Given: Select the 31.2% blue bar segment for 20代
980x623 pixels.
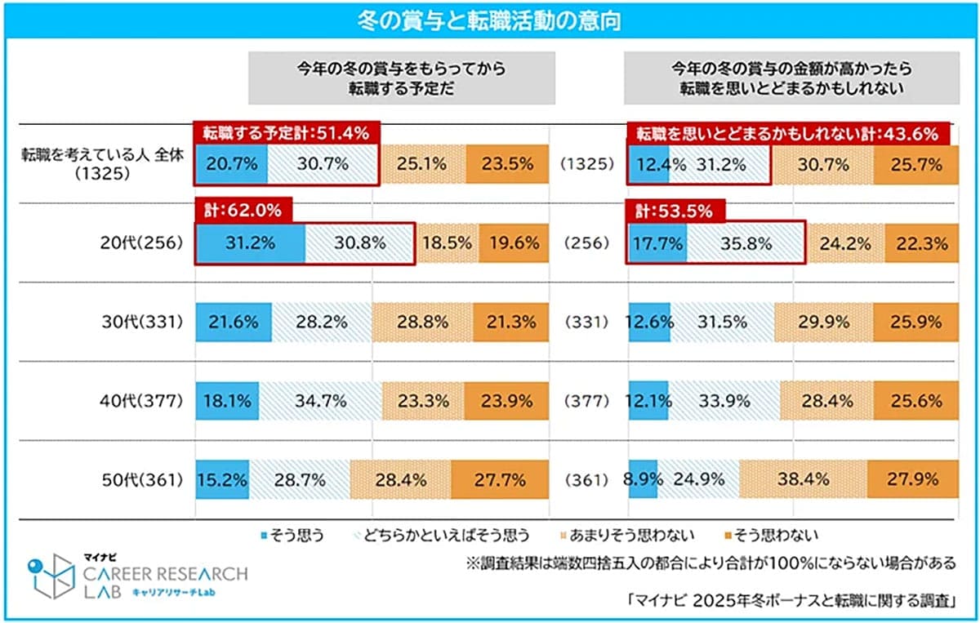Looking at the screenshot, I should [x=250, y=243].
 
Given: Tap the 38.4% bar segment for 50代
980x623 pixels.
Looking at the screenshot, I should [x=803, y=479].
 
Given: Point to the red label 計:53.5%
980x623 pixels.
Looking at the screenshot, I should [x=669, y=210].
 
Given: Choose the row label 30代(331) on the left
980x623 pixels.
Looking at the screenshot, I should [x=142, y=322].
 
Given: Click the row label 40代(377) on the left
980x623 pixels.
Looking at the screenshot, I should [x=142, y=401].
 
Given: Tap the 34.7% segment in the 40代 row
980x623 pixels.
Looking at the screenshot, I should [x=320, y=401].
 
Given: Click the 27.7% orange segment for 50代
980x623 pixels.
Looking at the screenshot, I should [x=499, y=479].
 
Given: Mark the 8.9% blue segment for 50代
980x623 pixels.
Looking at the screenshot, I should [x=642, y=479].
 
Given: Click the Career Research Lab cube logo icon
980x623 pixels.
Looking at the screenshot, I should [x=51, y=576].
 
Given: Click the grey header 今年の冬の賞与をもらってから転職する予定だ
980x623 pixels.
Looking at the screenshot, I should [x=401, y=78].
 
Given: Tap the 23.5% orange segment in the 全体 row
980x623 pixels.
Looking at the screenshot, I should [x=506, y=164].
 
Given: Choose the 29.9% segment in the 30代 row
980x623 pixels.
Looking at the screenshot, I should [x=823, y=322].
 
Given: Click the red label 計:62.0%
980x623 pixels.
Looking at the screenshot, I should [x=243, y=210].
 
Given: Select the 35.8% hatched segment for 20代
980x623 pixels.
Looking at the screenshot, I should [x=746, y=243].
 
